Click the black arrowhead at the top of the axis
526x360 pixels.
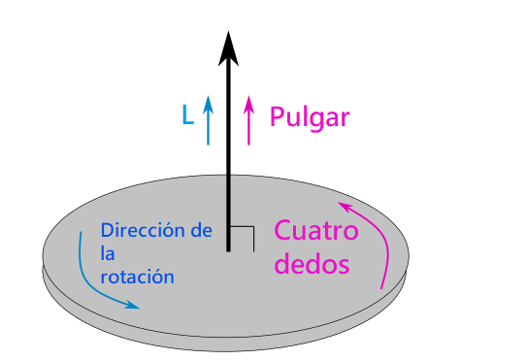228,47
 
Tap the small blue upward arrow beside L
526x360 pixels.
208,119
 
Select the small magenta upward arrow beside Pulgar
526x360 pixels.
249,119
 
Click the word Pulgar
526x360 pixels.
310,117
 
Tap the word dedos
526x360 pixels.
312,263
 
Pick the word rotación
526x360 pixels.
137,277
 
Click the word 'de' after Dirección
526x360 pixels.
201,231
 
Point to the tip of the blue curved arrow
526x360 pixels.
138,308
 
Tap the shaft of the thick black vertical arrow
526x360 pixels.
228,155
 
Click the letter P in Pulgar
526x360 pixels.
277,117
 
